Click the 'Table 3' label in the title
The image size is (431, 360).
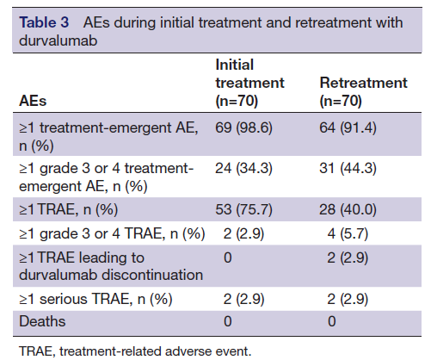44,22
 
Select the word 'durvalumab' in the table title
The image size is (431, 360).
58,40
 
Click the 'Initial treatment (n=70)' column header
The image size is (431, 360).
249,83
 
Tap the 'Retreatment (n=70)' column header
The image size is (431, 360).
363,91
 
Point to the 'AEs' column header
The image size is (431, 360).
33,101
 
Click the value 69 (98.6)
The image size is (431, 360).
243,127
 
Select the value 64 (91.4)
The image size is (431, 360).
348,127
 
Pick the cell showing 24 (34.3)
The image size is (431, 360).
243,168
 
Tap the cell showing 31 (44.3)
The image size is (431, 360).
348,168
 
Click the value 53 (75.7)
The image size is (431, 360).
243,209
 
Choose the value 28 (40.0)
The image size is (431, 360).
348,209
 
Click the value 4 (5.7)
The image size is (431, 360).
348,233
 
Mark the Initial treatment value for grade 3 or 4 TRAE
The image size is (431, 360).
243,233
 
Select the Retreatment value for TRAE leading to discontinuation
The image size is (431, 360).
348,258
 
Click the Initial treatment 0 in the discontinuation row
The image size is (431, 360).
228,258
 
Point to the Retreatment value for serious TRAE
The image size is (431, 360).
348,299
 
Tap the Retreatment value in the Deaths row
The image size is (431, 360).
332,321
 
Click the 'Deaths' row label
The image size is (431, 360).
42,321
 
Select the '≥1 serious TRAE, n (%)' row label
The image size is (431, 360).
95,299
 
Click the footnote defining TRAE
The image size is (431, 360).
135,351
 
